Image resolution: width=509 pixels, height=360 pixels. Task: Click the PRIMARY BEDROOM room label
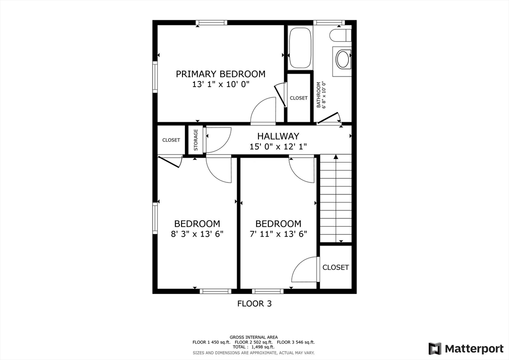tap(220, 74)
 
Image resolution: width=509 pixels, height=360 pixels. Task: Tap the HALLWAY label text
tap(278, 136)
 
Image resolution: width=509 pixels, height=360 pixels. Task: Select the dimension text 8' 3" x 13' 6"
tap(197, 234)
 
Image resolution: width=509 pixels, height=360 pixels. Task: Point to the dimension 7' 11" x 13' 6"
tap(278, 234)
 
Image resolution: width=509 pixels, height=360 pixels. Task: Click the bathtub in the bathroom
tap(300, 48)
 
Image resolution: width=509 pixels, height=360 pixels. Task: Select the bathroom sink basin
tap(342, 59)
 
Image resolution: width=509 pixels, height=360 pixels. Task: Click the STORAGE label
tap(196, 140)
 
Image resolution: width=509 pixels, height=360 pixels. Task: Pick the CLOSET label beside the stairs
tap(336, 267)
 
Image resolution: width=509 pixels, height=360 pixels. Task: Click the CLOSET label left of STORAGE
tap(171, 140)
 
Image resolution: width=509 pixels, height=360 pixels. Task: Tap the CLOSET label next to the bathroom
tap(299, 98)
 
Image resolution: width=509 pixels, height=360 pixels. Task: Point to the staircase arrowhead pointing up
tap(336, 157)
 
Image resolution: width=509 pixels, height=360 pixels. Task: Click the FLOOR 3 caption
tap(254, 303)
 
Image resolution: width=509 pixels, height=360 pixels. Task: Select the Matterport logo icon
tap(435, 349)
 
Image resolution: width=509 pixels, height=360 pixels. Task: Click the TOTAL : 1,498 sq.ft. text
tap(254, 347)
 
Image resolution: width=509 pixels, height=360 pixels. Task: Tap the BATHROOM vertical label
tap(319, 95)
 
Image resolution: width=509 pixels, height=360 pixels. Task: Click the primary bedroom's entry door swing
tap(263, 110)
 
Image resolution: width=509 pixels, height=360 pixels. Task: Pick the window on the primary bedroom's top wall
tap(212, 23)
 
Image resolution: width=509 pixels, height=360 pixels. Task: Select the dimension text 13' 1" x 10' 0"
tap(220, 85)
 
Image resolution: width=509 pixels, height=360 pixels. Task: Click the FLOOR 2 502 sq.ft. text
tap(254, 342)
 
